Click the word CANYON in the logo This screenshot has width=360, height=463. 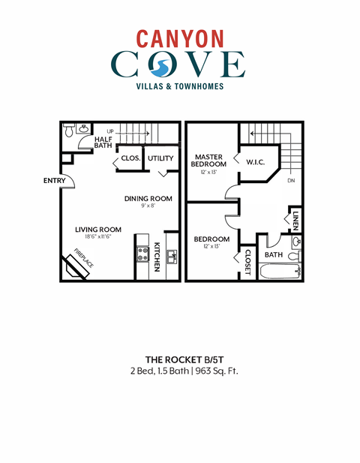(179, 38)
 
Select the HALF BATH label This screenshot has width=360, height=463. (103, 143)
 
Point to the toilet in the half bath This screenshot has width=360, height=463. (69, 132)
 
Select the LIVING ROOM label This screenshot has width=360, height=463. (97, 230)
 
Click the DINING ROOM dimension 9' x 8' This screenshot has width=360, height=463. (148, 207)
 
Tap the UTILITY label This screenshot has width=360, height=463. (160, 158)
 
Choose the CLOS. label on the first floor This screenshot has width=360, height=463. (131, 158)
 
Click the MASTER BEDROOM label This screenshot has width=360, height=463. (209, 161)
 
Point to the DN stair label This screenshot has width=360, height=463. (292, 181)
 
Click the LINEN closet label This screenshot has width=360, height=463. (296, 219)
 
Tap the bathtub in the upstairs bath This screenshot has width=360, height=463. (280, 272)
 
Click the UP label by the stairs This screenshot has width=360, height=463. (111, 131)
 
